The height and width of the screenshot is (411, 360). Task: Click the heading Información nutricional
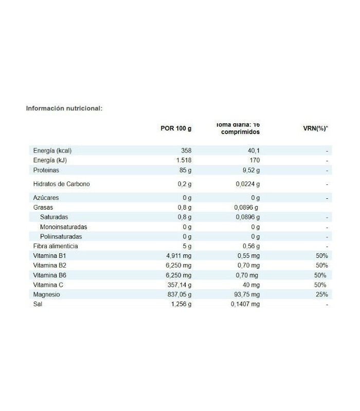click(64, 108)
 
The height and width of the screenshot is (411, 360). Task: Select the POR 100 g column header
click(176, 128)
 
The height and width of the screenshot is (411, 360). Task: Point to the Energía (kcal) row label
click(52, 151)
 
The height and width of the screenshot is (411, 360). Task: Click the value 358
click(186, 151)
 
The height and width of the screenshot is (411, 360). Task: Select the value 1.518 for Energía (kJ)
click(183, 160)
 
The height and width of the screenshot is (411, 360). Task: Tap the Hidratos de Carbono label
click(61, 183)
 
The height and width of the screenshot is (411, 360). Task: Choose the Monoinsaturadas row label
click(63, 227)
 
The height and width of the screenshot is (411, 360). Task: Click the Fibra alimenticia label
click(56, 246)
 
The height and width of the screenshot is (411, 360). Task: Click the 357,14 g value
click(178, 285)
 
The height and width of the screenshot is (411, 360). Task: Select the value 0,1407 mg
click(245, 304)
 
